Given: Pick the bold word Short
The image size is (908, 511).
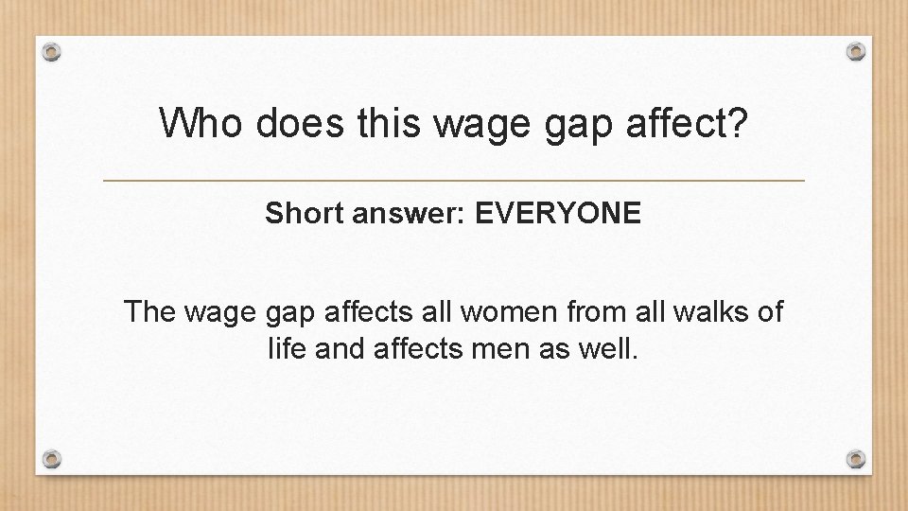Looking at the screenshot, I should click(302, 214).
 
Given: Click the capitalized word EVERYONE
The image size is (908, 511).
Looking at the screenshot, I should click(558, 214).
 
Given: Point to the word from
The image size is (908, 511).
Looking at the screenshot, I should click(575, 312).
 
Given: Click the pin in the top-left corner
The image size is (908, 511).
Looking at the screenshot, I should click(53, 51).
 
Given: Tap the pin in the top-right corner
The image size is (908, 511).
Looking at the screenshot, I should click(856, 51).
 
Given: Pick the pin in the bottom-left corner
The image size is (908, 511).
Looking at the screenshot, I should click(53, 459).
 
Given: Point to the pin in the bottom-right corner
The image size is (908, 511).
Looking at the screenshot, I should click(856, 459).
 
